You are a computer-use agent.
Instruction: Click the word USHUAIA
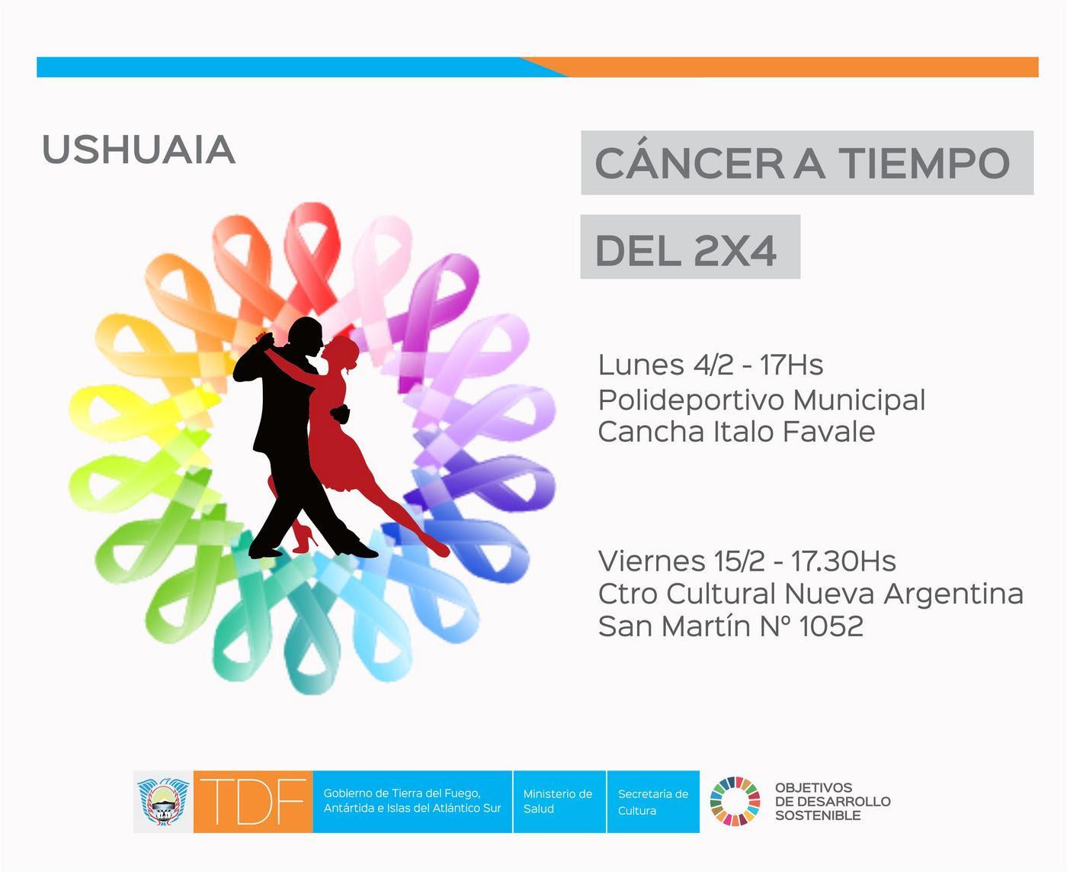click(139, 150)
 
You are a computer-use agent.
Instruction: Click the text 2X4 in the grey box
click(735, 251)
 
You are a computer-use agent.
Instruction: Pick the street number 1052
click(831, 626)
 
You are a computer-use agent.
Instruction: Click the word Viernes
click(652, 561)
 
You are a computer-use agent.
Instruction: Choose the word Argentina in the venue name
click(953, 594)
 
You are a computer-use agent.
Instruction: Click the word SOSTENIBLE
click(818, 816)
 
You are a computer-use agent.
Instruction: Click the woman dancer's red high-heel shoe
click(305, 540)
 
